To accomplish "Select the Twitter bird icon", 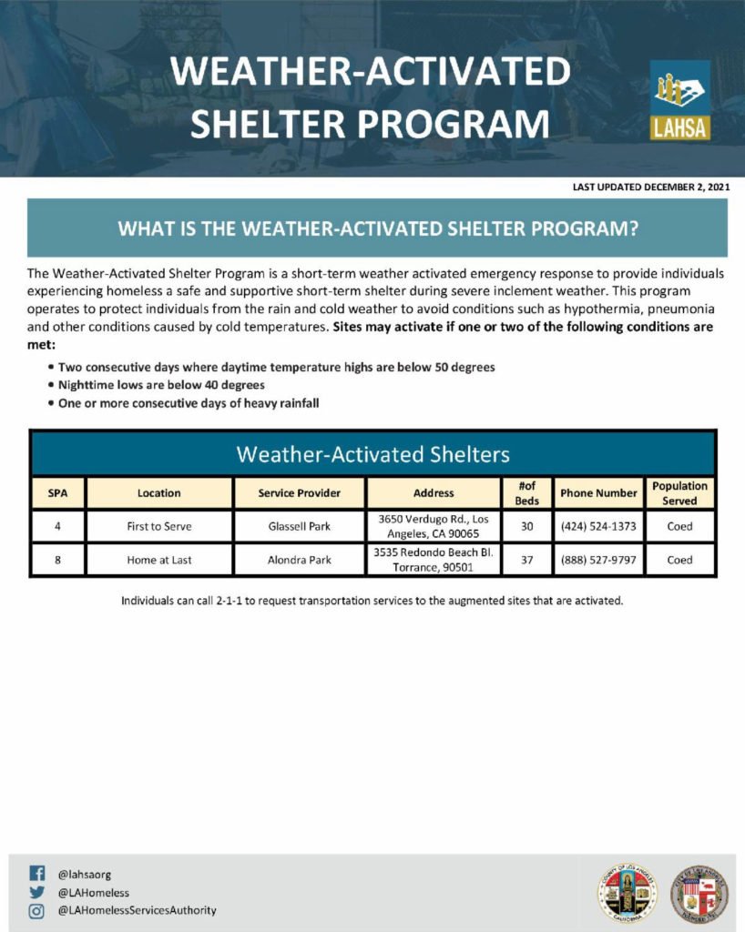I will (36, 892).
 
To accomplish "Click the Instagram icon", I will (36, 910).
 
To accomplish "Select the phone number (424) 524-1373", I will (598, 526).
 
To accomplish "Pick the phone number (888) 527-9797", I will (598, 560).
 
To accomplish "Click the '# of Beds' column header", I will (526, 492).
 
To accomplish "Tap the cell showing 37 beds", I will (526, 560).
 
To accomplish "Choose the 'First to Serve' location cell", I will (159, 526).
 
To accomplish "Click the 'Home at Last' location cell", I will (159, 560).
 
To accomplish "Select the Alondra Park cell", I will (300, 560).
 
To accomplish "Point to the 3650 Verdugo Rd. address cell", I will (434, 526).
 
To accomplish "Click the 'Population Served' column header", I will (679, 492).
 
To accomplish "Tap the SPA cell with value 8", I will (57, 560).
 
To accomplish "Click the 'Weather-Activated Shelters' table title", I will (372, 453).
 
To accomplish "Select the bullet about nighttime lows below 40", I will (161, 385).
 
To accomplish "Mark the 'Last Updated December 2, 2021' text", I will (651, 187).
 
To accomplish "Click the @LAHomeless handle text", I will (93, 892).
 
